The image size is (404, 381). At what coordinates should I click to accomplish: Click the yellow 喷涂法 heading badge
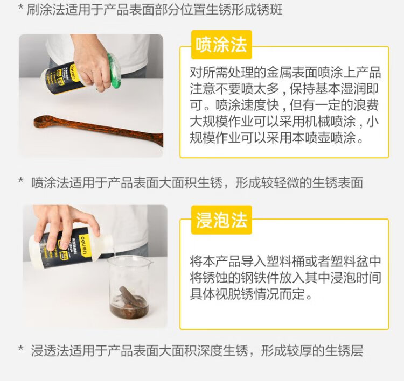point(221,45)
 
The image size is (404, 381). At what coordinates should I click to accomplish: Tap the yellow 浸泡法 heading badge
point(221,220)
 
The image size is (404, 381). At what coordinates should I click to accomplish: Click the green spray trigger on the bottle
point(113,71)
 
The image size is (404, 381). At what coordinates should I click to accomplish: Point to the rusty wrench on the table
point(99,130)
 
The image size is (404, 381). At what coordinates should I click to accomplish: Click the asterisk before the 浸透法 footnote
point(21,349)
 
